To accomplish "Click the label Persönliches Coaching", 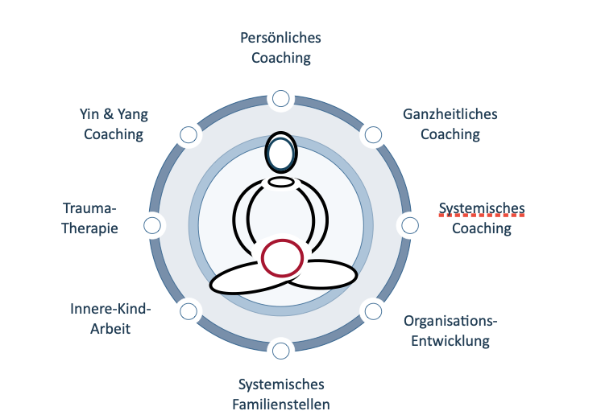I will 280,47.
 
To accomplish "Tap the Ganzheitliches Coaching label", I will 450,124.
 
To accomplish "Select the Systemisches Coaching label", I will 482,219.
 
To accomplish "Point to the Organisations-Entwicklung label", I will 450,331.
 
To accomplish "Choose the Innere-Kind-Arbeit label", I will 111,318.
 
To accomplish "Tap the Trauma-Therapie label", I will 90,219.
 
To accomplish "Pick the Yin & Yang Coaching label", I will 114,124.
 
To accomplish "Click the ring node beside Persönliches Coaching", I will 280,98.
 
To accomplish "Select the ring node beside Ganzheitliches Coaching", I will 372,135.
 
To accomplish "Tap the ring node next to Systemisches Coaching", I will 410,224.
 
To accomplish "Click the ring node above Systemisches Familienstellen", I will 280,350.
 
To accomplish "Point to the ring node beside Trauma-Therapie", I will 151,225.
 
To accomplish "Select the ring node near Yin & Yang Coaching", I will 188,135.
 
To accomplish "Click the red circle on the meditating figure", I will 282,258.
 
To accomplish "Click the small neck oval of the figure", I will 281,182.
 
